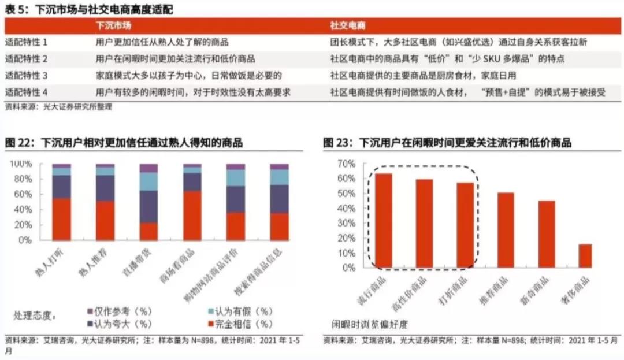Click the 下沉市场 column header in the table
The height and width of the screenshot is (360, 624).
tap(113, 27)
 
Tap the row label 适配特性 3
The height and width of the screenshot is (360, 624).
tap(27, 76)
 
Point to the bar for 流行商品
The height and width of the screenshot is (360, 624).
tap(384, 220)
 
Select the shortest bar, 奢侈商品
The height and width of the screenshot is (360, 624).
tap(585, 256)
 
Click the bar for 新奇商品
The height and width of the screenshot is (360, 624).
tap(547, 234)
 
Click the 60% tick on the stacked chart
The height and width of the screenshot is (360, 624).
tap(23, 194)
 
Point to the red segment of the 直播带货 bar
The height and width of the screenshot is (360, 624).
tap(148, 231)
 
